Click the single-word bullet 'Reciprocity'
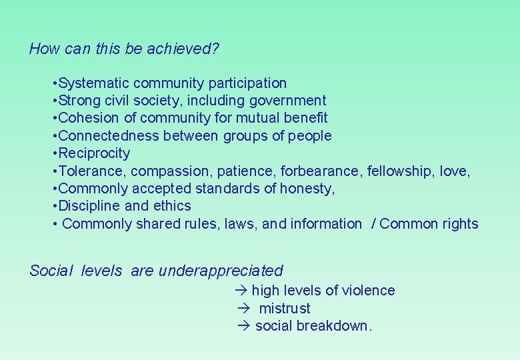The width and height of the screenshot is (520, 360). coord(94,153)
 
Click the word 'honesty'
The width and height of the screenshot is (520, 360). coord(306,189)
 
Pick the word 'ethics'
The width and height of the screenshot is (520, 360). coord(171,206)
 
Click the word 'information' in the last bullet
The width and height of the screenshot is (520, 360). coord(326,224)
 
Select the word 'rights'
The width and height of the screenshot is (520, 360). coord(459,224)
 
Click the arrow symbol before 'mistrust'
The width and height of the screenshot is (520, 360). coord(243,308)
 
